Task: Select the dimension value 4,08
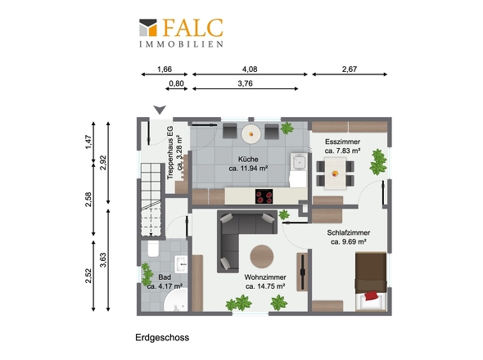tap(249, 70)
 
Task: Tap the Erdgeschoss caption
tap(162, 337)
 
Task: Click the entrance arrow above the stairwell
tap(161, 110)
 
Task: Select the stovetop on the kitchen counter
tap(264, 196)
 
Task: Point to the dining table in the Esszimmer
tap(334, 173)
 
